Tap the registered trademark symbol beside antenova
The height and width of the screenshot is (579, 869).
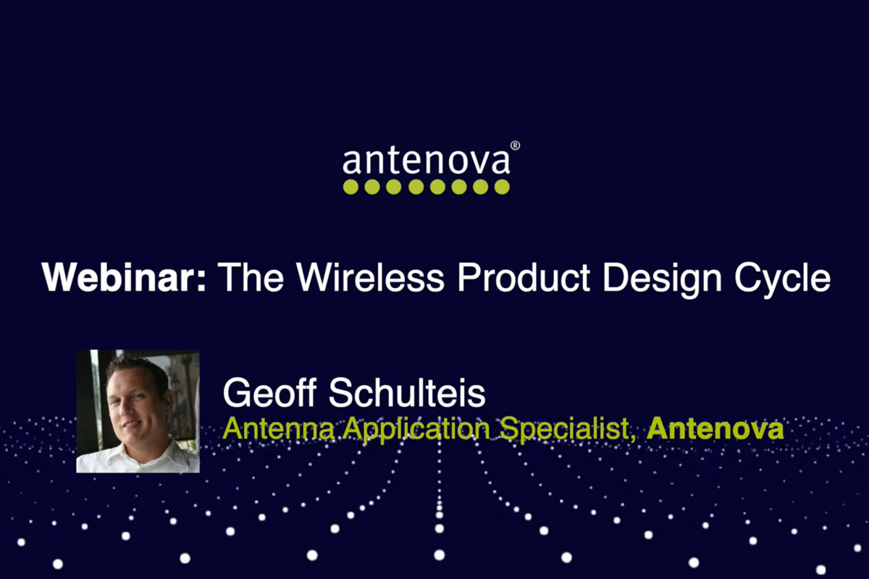pyautogui.click(x=515, y=145)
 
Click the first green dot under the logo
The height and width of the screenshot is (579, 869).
pyautogui.click(x=350, y=187)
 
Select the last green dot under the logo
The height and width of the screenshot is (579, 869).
pyautogui.click(x=502, y=187)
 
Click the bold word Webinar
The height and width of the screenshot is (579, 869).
pyautogui.click(x=119, y=277)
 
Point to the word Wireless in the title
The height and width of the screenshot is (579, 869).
pyautogui.click(x=370, y=277)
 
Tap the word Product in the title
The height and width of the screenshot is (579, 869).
pyautogui.click(x=524, y=277)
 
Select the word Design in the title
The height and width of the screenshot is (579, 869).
pyautogui.click(x=662, y=281)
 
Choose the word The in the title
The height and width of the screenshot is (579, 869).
pyautogui.click(x=251, y=277)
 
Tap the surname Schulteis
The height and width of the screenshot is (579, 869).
pyautogui.click(x=407, y=392)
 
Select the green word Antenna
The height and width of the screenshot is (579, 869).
pyautogui.click(x=279, y=428)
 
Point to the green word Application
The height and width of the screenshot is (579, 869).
pyautogui.click(x=416, y=431)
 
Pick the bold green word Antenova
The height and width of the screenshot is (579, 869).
pyautogui.click(x=715, y=428)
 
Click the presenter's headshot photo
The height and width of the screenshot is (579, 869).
pyautogui.click(x=138, y=412)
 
